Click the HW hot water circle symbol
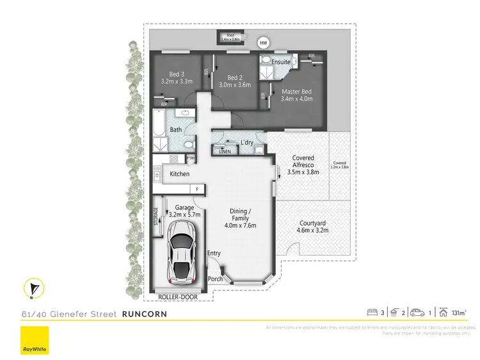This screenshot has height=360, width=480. pyautogui.click(x=263, y=43)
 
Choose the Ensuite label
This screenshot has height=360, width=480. pyautogui.click(x=280, y=61)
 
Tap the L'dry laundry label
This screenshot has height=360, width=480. pyautogui.click(x=248, y=142)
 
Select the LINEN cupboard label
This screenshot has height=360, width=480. pyautogui.click(x=225, y=151)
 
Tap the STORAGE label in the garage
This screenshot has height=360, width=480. pyautogui.click(x=156, y=216)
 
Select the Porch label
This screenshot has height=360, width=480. pyautogui.click(x=216, y=278)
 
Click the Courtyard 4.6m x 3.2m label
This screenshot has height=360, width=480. pyautogui.click(x=313, y=229)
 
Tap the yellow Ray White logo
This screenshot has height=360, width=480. pyautogui.click(x=34, y=340)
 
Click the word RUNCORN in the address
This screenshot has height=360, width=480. pyautogui.click(x=145, y=314)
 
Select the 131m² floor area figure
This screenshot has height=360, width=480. pyautogui.click(x=458, y=313)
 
